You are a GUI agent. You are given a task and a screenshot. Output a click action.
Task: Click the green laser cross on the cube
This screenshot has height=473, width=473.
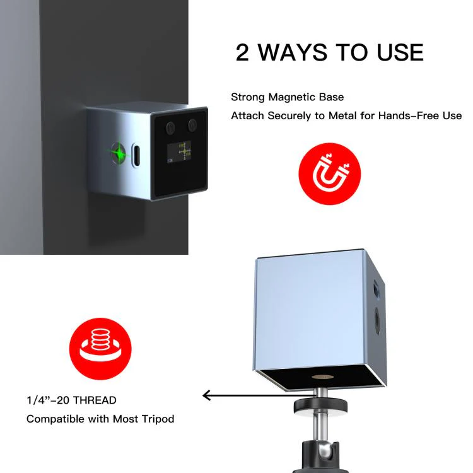click(119, 153)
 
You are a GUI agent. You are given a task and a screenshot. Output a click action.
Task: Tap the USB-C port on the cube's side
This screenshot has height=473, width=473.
click(136, 155)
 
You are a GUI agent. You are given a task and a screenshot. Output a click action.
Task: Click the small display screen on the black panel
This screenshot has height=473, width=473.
click(179, 153)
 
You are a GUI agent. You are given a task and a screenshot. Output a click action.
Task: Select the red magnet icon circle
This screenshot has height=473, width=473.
click(329, 174)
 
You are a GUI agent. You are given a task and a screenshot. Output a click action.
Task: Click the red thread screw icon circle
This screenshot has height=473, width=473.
click(100, 349)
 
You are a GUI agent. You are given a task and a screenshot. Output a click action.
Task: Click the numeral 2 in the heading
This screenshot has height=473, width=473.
click(242, 52)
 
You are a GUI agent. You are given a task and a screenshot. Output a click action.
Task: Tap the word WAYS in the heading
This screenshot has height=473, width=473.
click(293, 52)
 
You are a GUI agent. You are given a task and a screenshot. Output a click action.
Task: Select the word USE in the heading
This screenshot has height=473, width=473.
click(400, 52)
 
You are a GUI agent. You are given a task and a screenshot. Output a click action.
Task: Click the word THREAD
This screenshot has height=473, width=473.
click(95, 400)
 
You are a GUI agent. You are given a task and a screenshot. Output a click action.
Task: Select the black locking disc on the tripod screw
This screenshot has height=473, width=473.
click(320, 406)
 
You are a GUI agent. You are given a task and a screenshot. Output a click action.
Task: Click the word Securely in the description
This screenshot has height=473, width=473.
click(289, 116)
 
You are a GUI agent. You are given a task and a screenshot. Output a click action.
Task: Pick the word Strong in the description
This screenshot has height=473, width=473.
click(248, 97)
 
